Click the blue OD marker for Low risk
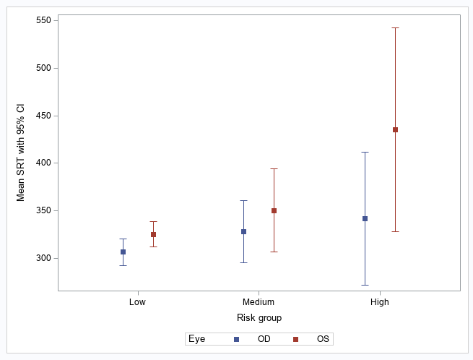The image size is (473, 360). tap(123, 252)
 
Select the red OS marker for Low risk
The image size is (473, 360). tap(153, 234)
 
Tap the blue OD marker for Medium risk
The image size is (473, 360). tap(244, 231)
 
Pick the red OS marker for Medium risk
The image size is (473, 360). tap(274, 210)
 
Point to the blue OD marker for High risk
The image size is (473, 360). tap(365, 218)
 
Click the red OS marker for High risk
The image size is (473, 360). tap(395, 129)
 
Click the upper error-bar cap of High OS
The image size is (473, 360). tap(395, 27)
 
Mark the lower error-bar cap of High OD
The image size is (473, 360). tap(365, 285)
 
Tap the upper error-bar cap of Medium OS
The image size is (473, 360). tap(274, 168)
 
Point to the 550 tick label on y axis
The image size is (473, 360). tap(43, 20)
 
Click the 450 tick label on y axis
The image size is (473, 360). tap(43, 116)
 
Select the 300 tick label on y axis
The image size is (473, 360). tap(43, 258)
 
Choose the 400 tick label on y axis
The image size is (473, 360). tap(43, 163)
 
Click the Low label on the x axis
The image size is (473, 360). tap(137, 302)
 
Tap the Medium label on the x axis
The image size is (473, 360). tap(259, 302)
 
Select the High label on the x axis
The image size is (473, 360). tap(380, 302)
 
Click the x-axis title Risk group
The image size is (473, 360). tap(259, 317)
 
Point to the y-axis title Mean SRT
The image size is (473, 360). tap(21, 153)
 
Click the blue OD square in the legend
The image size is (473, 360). tap(236, 339)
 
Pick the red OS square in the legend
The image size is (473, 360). tap(295, 339)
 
